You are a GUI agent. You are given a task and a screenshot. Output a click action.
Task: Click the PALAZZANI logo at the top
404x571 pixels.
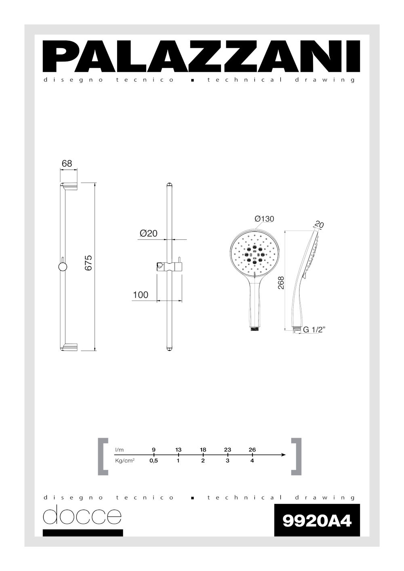pos(201,56)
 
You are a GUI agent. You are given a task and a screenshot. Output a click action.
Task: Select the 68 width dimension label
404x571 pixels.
pos(67,164)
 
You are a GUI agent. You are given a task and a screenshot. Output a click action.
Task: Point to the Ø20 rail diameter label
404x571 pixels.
pos(148,233)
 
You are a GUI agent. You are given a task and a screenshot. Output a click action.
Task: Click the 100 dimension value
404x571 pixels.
pos(141,295)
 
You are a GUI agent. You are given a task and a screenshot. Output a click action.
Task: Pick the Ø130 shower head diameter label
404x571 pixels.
pos(264,219)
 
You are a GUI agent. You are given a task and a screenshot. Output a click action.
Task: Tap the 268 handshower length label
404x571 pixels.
pos(281,283)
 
